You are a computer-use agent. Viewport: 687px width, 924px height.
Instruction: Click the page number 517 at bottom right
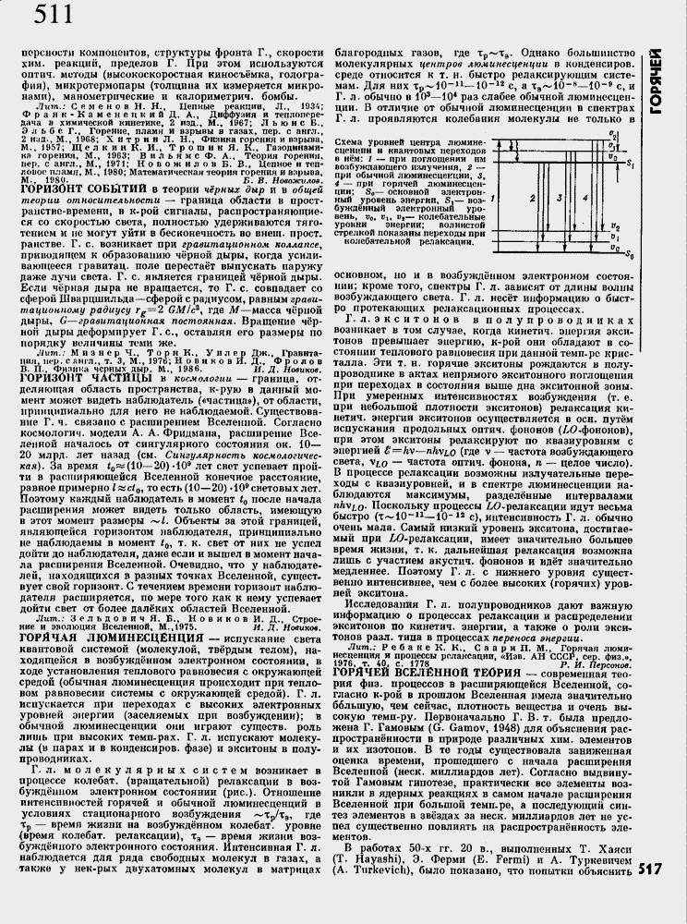[x=651, y=894]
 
